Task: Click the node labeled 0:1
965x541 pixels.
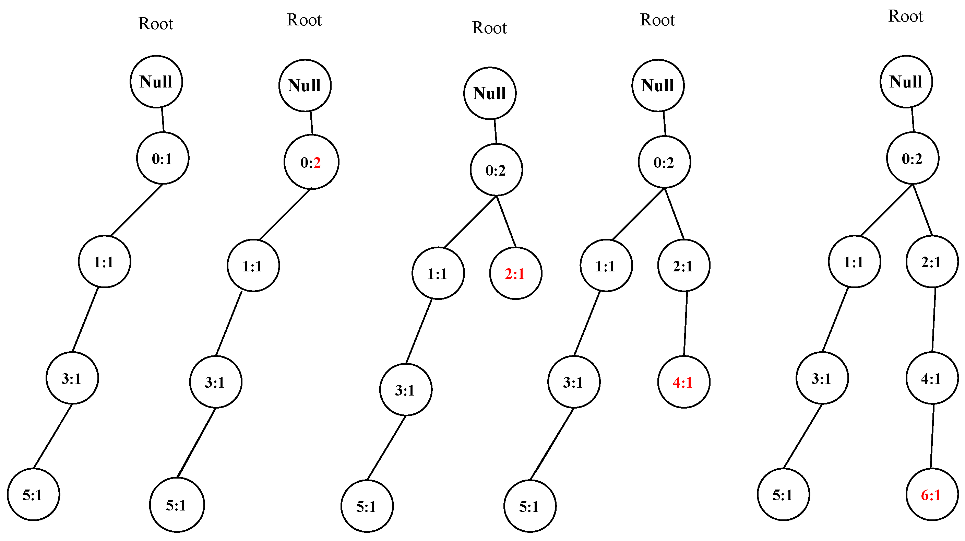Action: pos(163,158)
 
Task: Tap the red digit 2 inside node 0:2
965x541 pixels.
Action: pos(317,163)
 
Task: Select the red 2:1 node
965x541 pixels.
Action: pos(515,273)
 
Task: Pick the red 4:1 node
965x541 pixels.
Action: pos(684,382)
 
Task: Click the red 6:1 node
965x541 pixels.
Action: pos(932,495)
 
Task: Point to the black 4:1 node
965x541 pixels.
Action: pos(932,378)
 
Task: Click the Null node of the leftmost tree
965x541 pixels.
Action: pos(156,82)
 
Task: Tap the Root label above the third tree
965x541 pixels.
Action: pos(489,28)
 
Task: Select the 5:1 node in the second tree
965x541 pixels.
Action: pos(177,505)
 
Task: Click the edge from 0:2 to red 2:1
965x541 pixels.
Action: pos(506,221)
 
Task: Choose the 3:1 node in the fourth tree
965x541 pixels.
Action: pos(573,382)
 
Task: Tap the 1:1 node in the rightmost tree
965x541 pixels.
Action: pos(854,262)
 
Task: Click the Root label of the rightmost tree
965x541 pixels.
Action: pos(905,16)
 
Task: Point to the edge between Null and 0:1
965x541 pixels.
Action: pos(163,120)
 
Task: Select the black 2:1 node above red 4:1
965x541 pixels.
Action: pos(684,266)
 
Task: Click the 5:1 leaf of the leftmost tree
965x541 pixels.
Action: pos(33,495)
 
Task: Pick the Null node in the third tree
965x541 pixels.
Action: pos(490,93)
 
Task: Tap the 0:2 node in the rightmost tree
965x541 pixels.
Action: pos(912,158)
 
